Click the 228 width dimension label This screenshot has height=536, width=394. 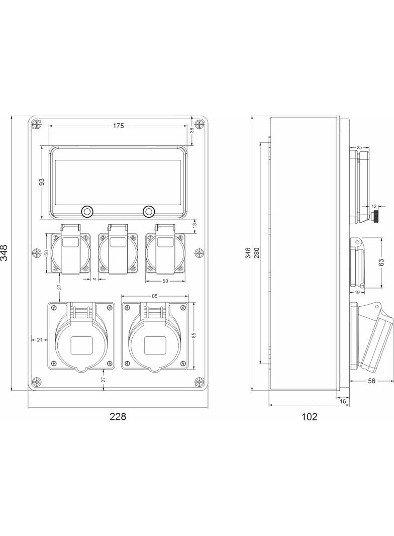[118, 416]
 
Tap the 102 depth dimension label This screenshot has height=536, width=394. [309, 417]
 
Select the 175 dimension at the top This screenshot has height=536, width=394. [118, 126]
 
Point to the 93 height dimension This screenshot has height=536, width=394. [42, 182]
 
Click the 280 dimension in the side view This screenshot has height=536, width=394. [256, 252]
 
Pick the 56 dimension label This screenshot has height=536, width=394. [371, 381]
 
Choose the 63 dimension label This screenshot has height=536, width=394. [381, 262]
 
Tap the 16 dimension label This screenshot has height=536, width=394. [343, 401]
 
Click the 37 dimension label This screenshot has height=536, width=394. [59, 288]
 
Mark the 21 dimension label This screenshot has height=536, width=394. [40, 340]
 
